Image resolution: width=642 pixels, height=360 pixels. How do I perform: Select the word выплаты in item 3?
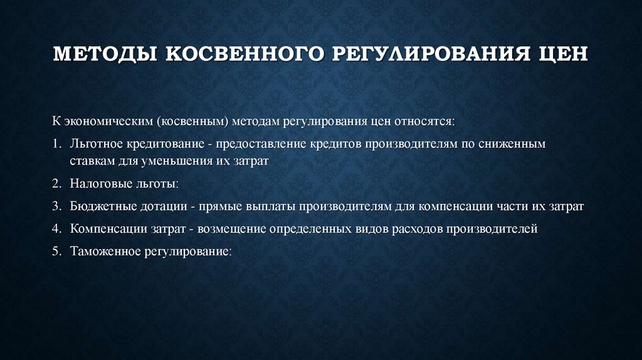click(x=270, y=206)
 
